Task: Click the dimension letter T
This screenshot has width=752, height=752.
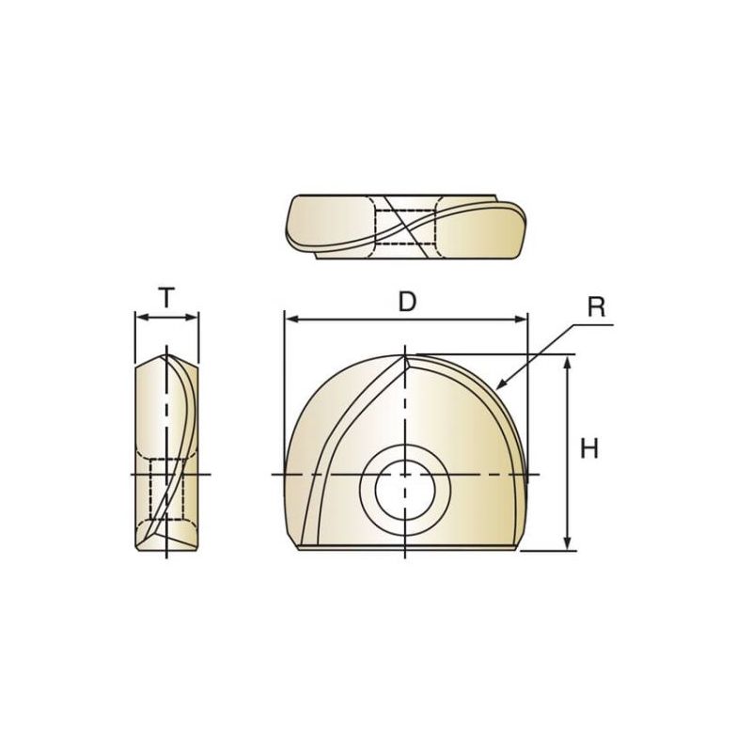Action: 166,298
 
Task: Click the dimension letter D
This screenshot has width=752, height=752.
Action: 407,302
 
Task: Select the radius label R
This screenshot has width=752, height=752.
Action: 596,307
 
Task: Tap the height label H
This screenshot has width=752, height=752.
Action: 589,449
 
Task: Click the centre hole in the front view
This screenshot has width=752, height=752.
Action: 405,490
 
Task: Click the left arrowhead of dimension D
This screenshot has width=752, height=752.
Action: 291,320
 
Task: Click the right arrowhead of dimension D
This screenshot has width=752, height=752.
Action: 521,320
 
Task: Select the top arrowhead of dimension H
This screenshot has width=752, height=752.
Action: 568,362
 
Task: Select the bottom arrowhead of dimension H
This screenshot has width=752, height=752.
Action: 568,543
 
